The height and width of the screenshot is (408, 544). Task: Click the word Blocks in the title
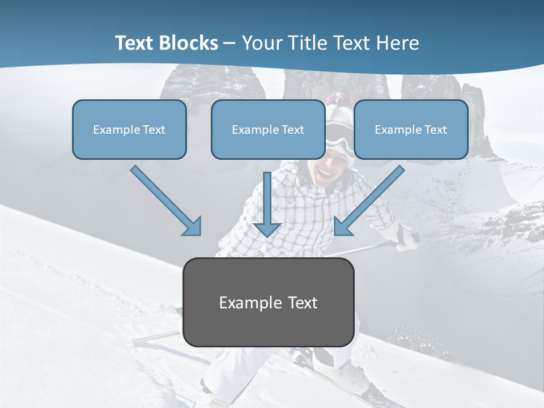[x=189, y=43]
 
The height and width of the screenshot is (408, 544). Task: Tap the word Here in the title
[x=398, y=43]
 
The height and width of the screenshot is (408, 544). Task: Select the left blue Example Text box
[x=129, y=129]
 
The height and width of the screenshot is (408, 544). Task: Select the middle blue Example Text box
[x=268, y=129]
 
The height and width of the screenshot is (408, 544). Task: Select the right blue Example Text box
[x=411, y=129]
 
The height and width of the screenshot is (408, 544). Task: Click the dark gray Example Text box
[x=269, y=303]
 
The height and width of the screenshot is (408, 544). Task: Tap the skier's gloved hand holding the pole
[x=406, y=237]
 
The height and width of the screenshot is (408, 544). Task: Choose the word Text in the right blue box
[x=435, y=129]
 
